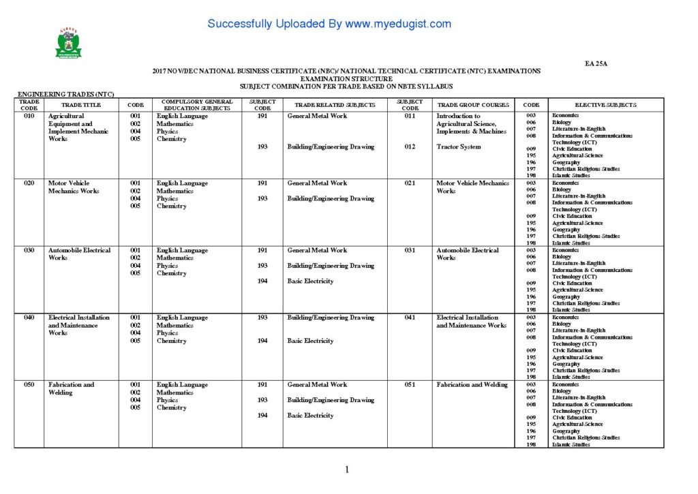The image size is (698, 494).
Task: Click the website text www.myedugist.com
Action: click(x=398, y=24)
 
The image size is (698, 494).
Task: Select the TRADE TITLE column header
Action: click(x=81, y=105)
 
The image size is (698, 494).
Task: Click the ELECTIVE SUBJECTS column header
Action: click(x=605, y=105)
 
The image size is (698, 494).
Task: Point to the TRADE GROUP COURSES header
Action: click(x=473, y=105)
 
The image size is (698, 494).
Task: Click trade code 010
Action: click(x=29, y=117)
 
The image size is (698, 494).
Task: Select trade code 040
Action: click(x=29, y=318)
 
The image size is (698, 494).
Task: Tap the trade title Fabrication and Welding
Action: click(x=71, y=388)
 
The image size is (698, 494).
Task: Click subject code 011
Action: click(x=410, y=117)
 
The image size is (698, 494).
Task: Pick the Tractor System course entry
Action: click(x=459, y=147)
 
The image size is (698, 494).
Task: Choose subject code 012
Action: click(x=410, y=147)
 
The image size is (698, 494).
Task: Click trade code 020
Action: click(x=29, y=183)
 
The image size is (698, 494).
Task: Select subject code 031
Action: click(x=410, y=250)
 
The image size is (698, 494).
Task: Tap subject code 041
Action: click(x=410, y=318)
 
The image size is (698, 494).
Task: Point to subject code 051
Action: click(x=410, y=385)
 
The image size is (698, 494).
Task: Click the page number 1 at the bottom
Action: click(x=347, y=469)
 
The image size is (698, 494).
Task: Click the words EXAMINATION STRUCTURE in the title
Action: click(x=346, y=79)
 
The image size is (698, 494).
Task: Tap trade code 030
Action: click(x=29, y=250)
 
